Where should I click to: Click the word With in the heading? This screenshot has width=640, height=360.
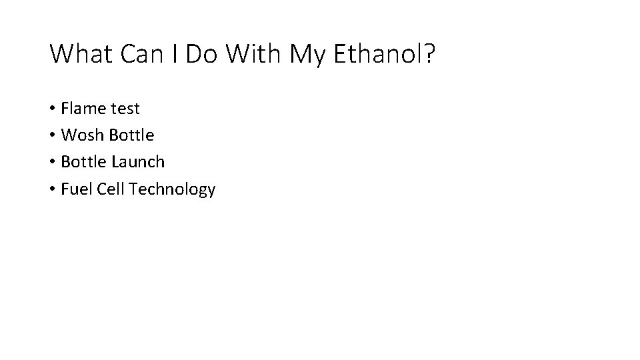(x=255, y=54)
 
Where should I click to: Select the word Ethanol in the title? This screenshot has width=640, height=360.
(x=377, y=54)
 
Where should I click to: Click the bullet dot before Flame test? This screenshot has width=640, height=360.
(x=52, y=109)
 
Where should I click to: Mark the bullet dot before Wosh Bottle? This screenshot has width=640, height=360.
(x=52, y=136)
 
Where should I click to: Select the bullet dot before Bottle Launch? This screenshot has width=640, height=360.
(x=52, y=163)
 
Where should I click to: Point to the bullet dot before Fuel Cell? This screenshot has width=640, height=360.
(x=52, y=190)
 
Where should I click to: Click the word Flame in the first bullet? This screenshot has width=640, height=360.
(x=83, y=108)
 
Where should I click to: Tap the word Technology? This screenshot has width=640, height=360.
(x=173, y=190)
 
